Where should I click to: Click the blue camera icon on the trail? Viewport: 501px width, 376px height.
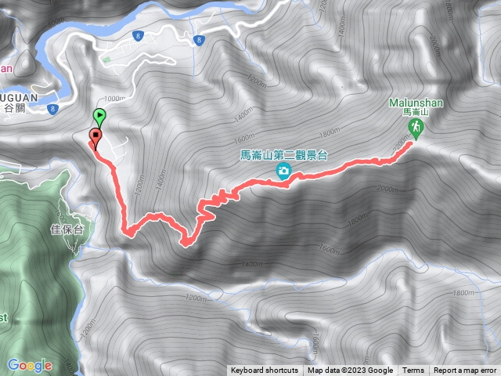pyautogui.click(x=283, y=172)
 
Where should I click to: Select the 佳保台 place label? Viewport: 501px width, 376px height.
pyautogui.click(x=67, y=230)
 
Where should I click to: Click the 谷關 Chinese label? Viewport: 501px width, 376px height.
pyautogui.click(x=15, y=109)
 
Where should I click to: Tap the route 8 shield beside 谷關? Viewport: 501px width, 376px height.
pyautogui.click(x=52, y=109)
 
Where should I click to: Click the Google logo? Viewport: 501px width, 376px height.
pyautogui.click(x=29, y=365)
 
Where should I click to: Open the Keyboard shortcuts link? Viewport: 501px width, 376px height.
pyautogui.click(x=264, y=371)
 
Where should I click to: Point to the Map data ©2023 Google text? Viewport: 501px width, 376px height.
pyautogui.click(x=350, y=371)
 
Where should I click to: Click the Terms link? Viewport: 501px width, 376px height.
pyautogui.click(x=413, y=371)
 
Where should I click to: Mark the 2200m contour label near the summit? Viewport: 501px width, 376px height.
pyautogui.click(x=403, y=146)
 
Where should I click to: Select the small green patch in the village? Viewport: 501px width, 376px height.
pyautogui.click(x=106, y=58)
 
